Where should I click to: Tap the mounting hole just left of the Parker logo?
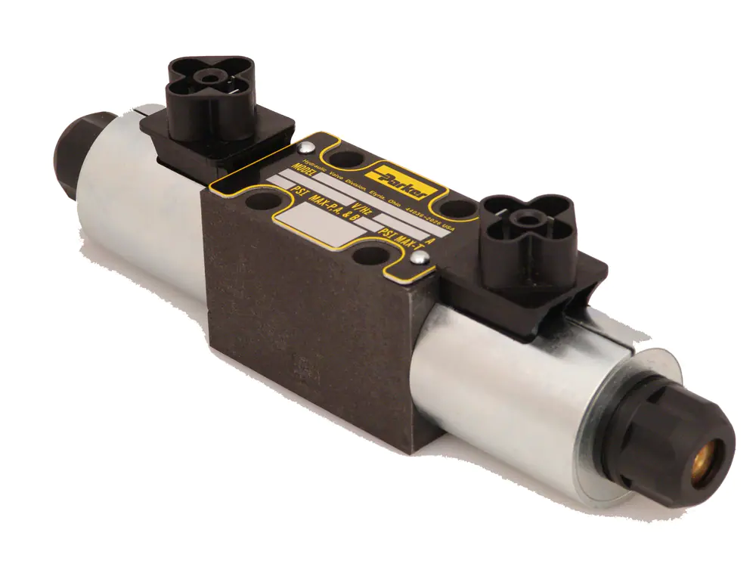pos(347,160)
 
